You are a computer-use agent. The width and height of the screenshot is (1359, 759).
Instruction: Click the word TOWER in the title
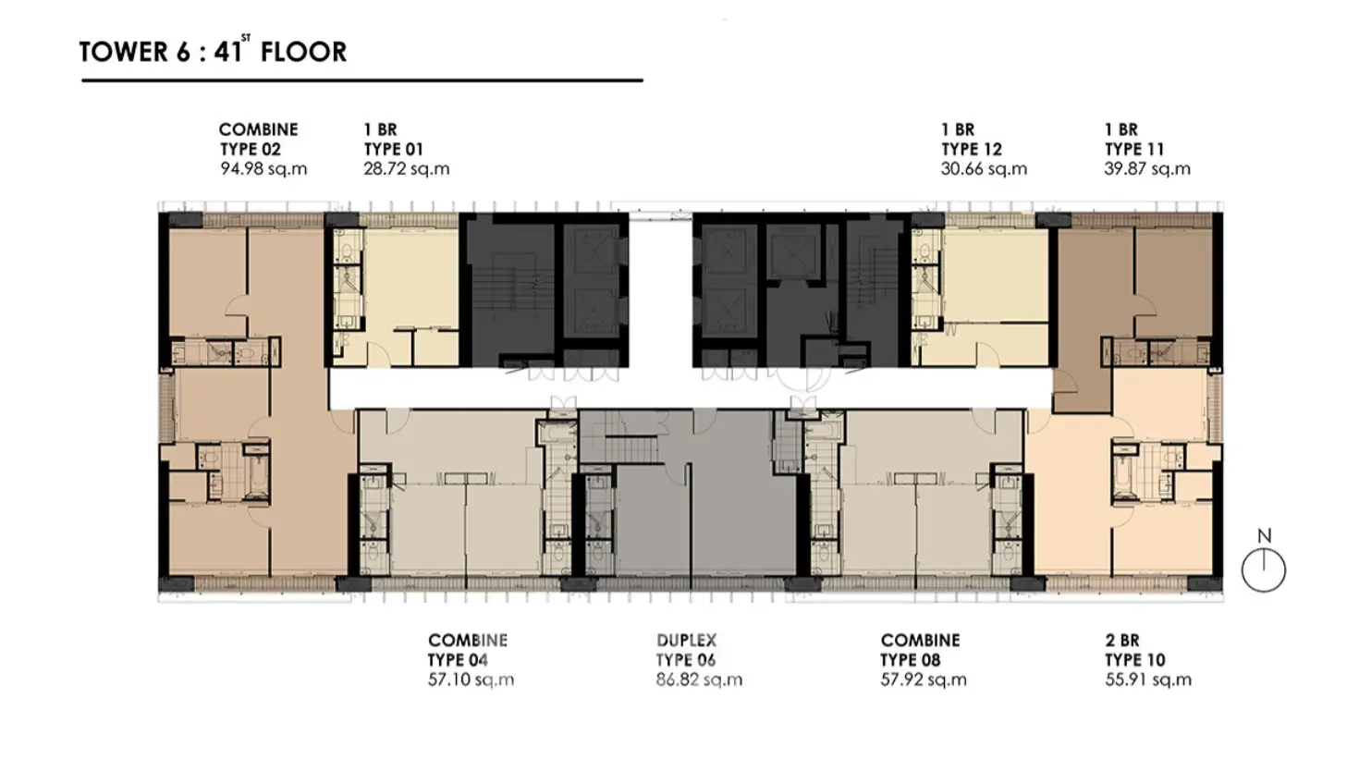click(x=124, y=52)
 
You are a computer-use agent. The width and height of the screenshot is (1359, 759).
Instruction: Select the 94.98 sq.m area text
click(x=263, y=168)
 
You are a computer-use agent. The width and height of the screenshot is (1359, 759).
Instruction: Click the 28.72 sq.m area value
click(x=407, y=168)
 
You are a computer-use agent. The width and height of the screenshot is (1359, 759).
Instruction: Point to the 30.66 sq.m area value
click(x=984, y=168)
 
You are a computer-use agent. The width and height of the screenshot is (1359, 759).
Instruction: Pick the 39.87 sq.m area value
click(x=1147, y=168)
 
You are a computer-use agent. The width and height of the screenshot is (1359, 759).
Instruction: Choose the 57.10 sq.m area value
click(x=471, y=679)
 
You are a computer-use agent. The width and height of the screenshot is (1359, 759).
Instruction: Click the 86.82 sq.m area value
click(x=700, y=679)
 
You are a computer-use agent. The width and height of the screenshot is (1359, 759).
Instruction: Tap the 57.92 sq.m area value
click(x=924, y=679)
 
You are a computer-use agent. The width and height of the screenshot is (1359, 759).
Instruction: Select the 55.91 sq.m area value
click(x=1148, y=679)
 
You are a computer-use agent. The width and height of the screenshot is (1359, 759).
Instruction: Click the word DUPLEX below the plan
click(x=686, y=640)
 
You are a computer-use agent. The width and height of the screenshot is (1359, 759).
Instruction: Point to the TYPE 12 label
click(x=972, y=149)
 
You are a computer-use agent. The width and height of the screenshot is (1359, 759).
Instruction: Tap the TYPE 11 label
click(x=1134, y=149)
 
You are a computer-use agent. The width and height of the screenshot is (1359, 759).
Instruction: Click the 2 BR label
click(x=1122, y=640)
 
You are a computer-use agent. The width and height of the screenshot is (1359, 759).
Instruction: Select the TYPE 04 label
click(x=458, y=660)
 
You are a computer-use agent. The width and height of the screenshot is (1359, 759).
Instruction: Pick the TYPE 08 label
click(x=910, y=660)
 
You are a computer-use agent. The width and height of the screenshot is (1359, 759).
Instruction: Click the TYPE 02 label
click(x=250, y=149)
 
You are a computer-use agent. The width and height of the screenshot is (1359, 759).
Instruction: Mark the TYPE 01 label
click(x=393, y=149)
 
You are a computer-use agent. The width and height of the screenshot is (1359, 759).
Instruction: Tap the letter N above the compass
click(x=1264, y=535)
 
